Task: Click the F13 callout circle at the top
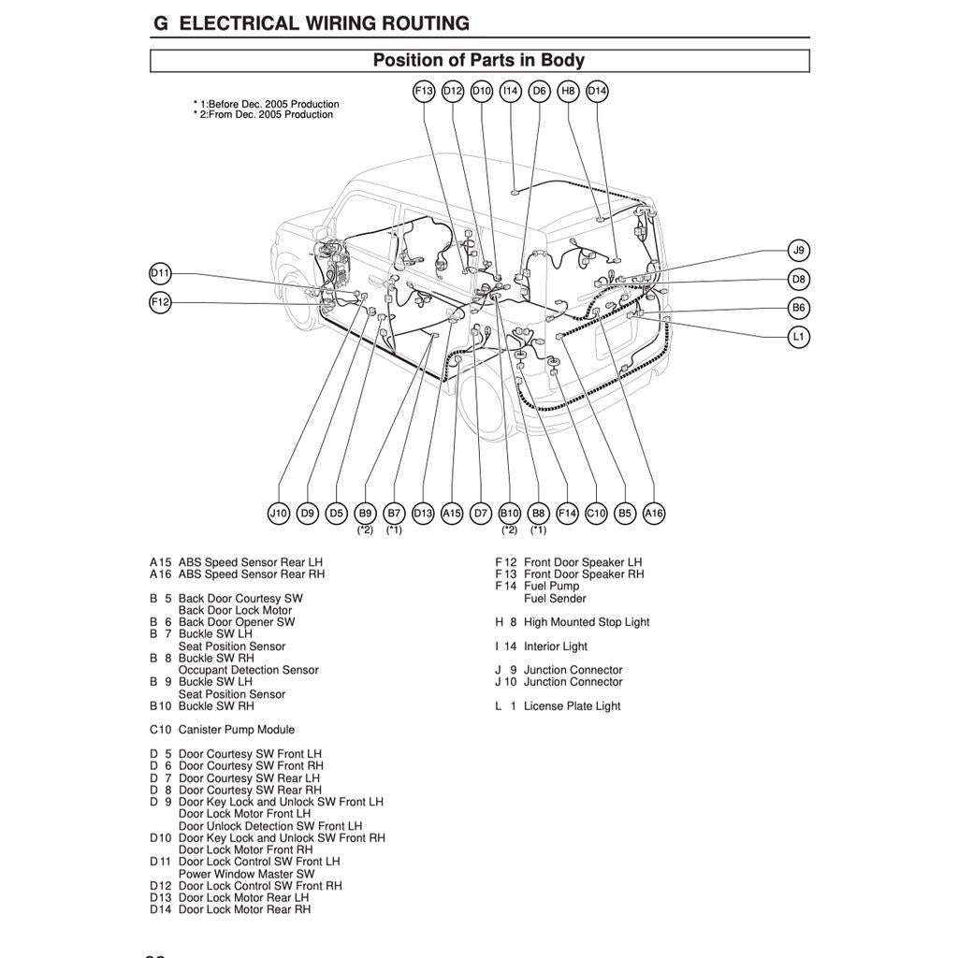(424, 91)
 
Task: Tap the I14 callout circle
(510, 91)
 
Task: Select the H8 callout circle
(568, 91)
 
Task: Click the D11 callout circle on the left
(161, 273)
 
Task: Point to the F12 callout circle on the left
(161, 302)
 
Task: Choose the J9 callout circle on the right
(798, 250)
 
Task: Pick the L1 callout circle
(798, 336)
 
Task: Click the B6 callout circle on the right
(798, 307)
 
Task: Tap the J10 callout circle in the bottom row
(279, 513)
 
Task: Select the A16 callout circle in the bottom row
(654, 513)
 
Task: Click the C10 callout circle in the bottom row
(596, 513)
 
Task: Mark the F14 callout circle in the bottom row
(567, 513)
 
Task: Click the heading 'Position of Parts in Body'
(479, 61)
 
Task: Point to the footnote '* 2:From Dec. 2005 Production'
(263, 115)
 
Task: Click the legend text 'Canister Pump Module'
(236, 730)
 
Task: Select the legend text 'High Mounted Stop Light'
(587, 622)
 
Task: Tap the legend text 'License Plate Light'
(572, 706)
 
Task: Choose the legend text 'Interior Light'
(556, 646)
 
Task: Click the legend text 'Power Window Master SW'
(246, 874)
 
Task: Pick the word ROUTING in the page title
(420, 23)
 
